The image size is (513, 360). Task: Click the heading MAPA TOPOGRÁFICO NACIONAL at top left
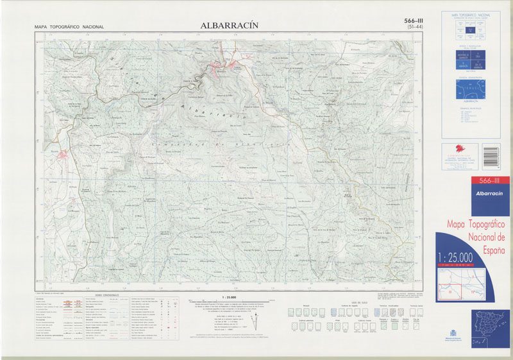(x=69, y=27)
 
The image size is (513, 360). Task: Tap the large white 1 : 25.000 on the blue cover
(x=455, y=257)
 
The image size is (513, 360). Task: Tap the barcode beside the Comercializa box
(x=491, y=155)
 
